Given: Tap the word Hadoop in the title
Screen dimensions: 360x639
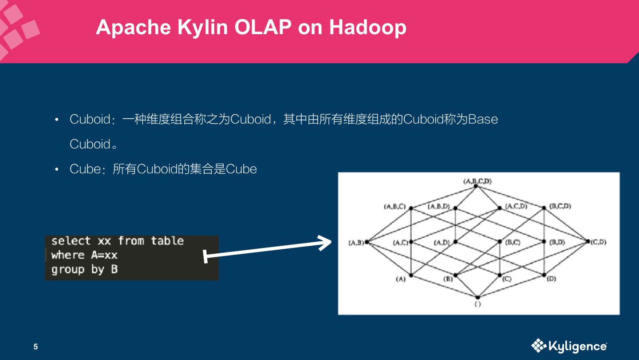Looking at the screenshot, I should (x=367, y=28).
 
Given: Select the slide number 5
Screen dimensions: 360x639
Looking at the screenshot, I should (x=36, y=347).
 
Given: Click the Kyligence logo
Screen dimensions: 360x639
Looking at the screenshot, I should (x=569, y=346).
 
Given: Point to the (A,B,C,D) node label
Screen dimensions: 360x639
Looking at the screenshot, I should (x=477, y=181).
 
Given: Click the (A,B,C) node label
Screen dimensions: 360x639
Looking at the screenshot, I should (x=394, y=206).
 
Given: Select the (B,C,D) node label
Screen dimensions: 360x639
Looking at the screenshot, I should (x=560, y=206).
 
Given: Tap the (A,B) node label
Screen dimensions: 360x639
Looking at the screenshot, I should (x=356, y=242).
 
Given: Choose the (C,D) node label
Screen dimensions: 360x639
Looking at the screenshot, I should (x=599, y=242).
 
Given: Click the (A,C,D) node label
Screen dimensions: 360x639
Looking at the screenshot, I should (x=516, y=206).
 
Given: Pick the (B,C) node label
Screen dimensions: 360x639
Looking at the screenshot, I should (x=513, y=242).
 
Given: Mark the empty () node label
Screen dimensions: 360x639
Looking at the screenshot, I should (x=477, y=304).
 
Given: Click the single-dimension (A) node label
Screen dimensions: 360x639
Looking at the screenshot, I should (x=401, y=279).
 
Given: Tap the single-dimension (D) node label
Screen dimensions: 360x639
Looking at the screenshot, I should (x=552, y=279).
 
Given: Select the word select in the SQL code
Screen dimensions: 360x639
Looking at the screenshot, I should (x=71, y=241).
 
